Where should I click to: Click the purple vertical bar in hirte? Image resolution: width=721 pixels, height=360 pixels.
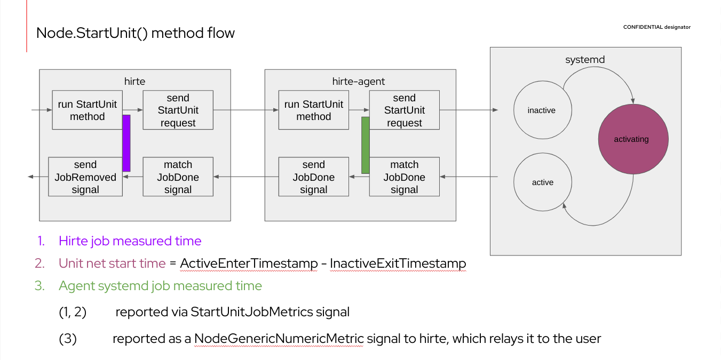(x=126, y=143)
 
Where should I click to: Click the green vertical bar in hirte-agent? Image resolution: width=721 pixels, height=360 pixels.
(x=366, y=145)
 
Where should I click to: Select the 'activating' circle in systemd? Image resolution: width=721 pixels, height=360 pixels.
(x=633, y=139)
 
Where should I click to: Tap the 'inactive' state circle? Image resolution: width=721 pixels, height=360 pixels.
(x=542, y=110)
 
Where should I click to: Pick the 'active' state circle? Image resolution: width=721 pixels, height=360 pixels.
(x=542, y=182)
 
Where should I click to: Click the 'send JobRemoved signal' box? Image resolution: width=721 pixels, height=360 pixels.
(x=85, y=177)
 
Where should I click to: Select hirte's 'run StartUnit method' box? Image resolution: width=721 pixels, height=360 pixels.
(x=88, y=110)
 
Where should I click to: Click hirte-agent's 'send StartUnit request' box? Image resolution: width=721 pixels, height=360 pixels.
(x=404, y=110)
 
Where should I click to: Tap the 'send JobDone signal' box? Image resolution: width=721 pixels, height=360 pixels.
(x=313, y=177)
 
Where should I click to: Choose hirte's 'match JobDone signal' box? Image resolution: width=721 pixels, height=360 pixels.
(x=178, y=177)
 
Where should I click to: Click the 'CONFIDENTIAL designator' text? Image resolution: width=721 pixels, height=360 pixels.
(x=656, y=27)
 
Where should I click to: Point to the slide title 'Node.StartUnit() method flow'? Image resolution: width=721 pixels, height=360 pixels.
(x=136, y=33)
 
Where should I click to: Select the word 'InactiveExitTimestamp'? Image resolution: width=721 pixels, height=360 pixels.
(x=398, y=263)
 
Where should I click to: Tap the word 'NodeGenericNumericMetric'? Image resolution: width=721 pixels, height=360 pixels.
(x=279, y=339)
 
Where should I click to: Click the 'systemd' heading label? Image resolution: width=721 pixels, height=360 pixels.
(x=585, y=60)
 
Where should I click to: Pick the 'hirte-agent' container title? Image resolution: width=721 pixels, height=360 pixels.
(x=359, y=81)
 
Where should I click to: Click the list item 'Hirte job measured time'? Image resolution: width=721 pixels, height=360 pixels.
(x=130, y=241)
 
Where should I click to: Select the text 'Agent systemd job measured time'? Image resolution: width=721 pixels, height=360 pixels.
(x=160, y=286)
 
